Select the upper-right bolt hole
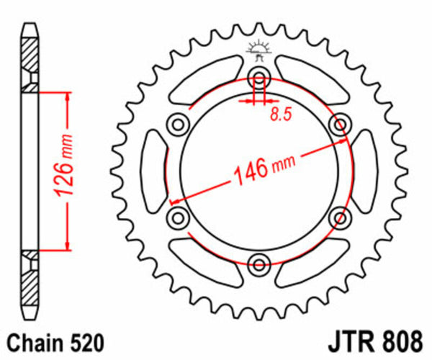[x=338, y=125]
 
